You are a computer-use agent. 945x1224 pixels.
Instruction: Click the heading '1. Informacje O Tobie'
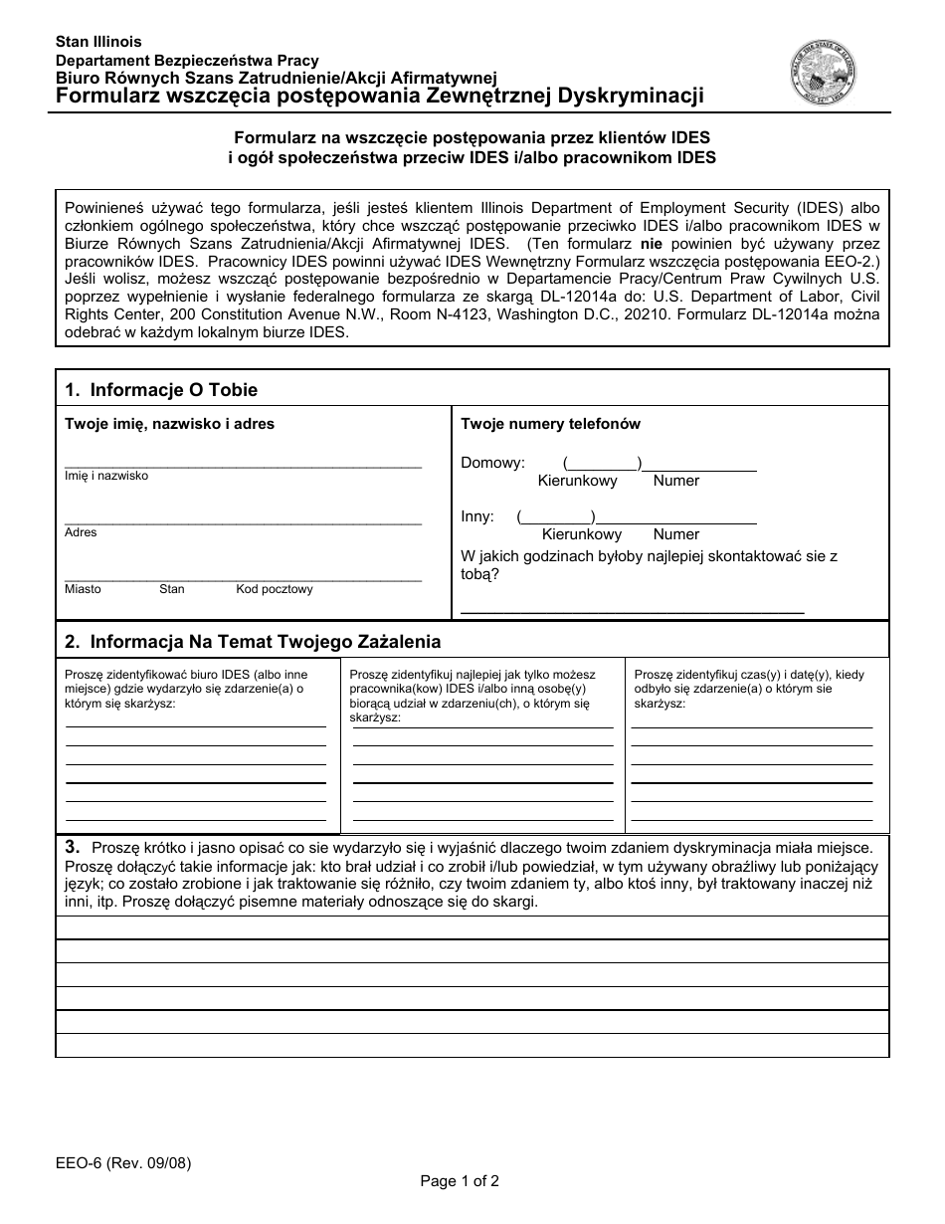click(161, 389)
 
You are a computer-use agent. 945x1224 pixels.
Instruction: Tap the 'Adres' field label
click(81, 532)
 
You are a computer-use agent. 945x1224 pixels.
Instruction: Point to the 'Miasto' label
click(83, 589)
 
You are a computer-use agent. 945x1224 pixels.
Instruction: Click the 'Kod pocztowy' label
click(275, 589)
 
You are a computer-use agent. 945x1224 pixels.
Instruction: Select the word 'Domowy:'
click(492, 463)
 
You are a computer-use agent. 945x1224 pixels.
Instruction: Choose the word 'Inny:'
click(477, 516)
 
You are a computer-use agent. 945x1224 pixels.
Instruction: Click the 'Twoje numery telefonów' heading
click(550, 424)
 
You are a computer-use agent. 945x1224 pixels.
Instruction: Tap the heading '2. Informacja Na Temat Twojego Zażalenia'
click(253, 641)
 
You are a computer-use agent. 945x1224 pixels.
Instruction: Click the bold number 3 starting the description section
click(72, 847)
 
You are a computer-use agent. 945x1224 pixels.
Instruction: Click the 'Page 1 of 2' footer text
click(460, 1181)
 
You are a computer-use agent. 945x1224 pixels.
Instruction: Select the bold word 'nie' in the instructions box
click(651, 244)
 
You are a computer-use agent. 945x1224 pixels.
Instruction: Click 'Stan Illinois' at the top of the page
click(98, 42)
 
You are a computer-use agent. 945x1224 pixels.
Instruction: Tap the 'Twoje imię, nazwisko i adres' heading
click(169, 424)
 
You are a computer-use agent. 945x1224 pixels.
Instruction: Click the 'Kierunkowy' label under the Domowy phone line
click(577, 481)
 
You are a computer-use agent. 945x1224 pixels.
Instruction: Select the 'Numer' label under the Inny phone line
click(675, 534)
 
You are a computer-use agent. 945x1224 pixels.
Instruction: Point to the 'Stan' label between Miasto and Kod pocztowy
click(172, 589)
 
